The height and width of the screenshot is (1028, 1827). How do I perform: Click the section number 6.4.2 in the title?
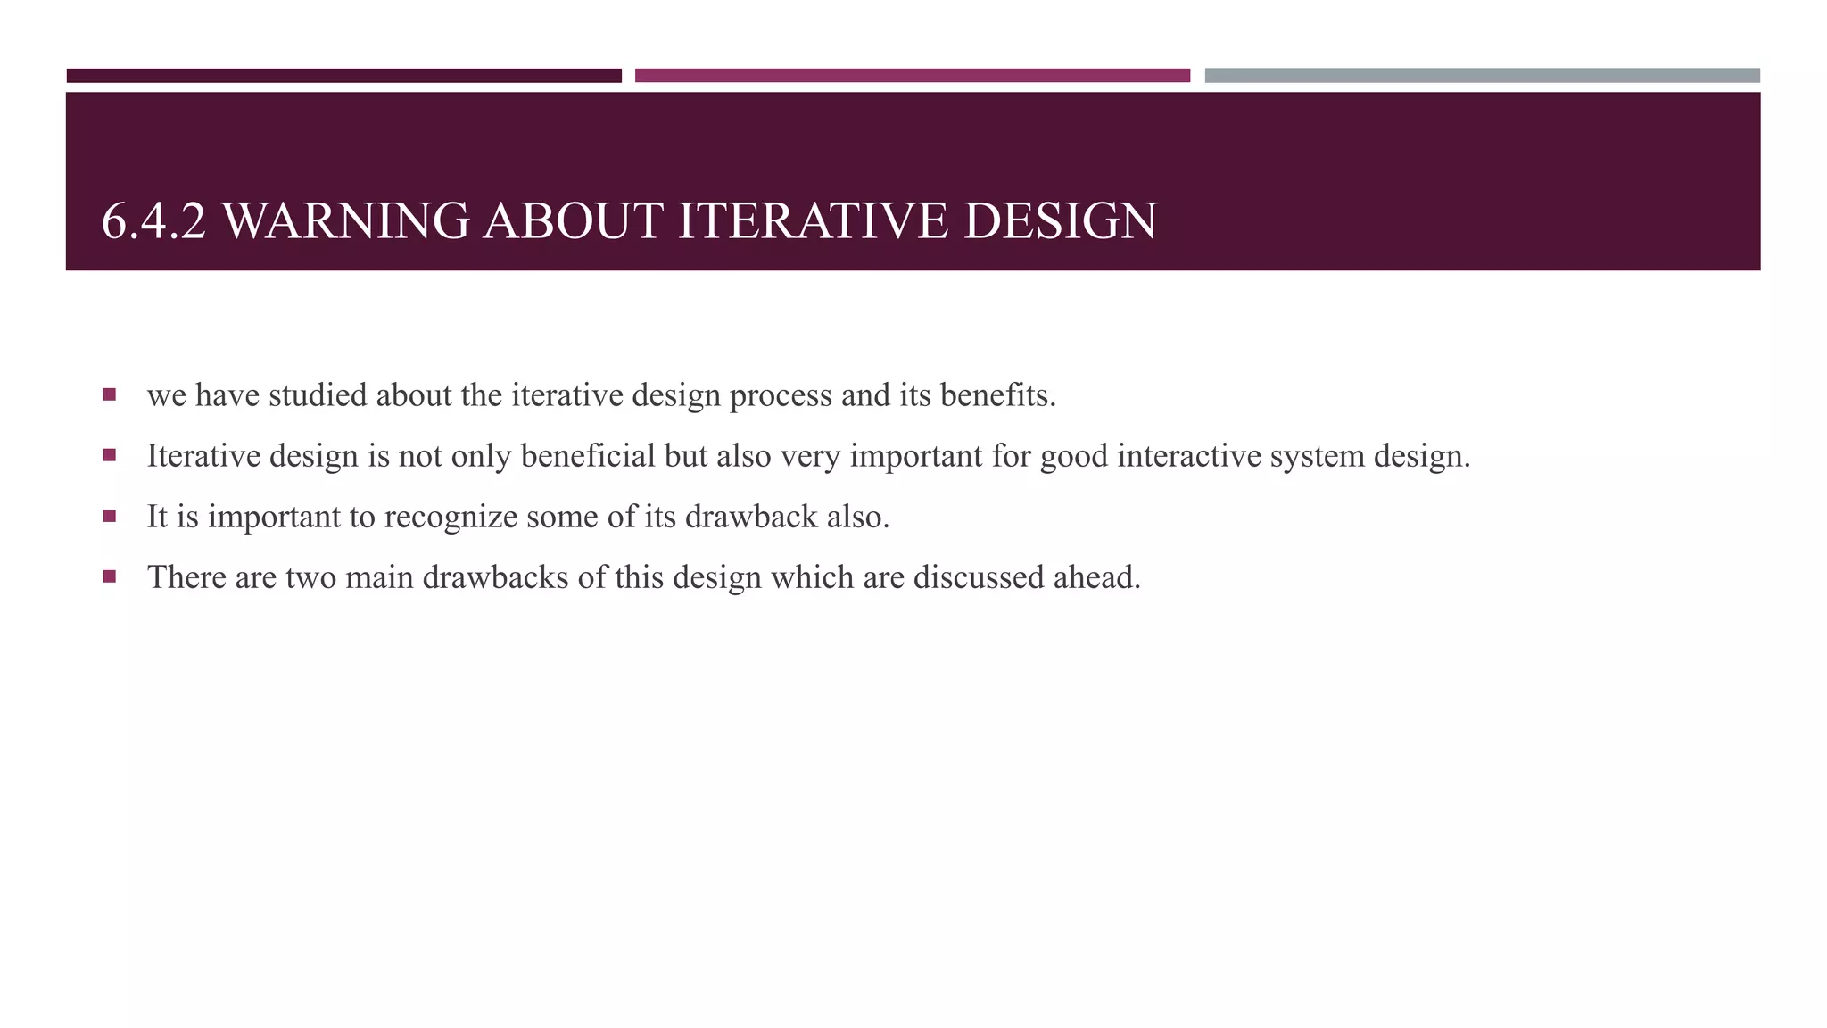coord(153,221)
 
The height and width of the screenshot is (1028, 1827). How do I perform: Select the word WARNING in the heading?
coord(344,221)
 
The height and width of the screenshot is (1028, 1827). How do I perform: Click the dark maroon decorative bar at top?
coord(343,76)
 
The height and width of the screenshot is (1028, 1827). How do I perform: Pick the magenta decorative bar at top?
coord(912,76)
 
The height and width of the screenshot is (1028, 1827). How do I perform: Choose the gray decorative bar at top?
coord(1482,76)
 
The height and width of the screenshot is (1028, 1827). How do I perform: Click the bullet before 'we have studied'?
coord(110,394)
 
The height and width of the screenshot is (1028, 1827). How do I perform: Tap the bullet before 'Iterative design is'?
coord(110,455)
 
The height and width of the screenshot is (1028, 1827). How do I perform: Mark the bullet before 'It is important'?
coord(110,516)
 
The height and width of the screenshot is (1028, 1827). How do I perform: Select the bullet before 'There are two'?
coord(110,576)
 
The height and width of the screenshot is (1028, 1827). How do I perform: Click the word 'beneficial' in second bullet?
coord(588,456)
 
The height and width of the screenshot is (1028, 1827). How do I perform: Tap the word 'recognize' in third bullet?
coord(451,517)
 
